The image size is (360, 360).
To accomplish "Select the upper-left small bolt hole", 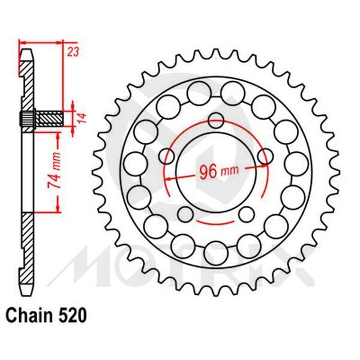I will pos(169,158).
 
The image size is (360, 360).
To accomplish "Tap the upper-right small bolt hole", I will pos(261,158).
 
